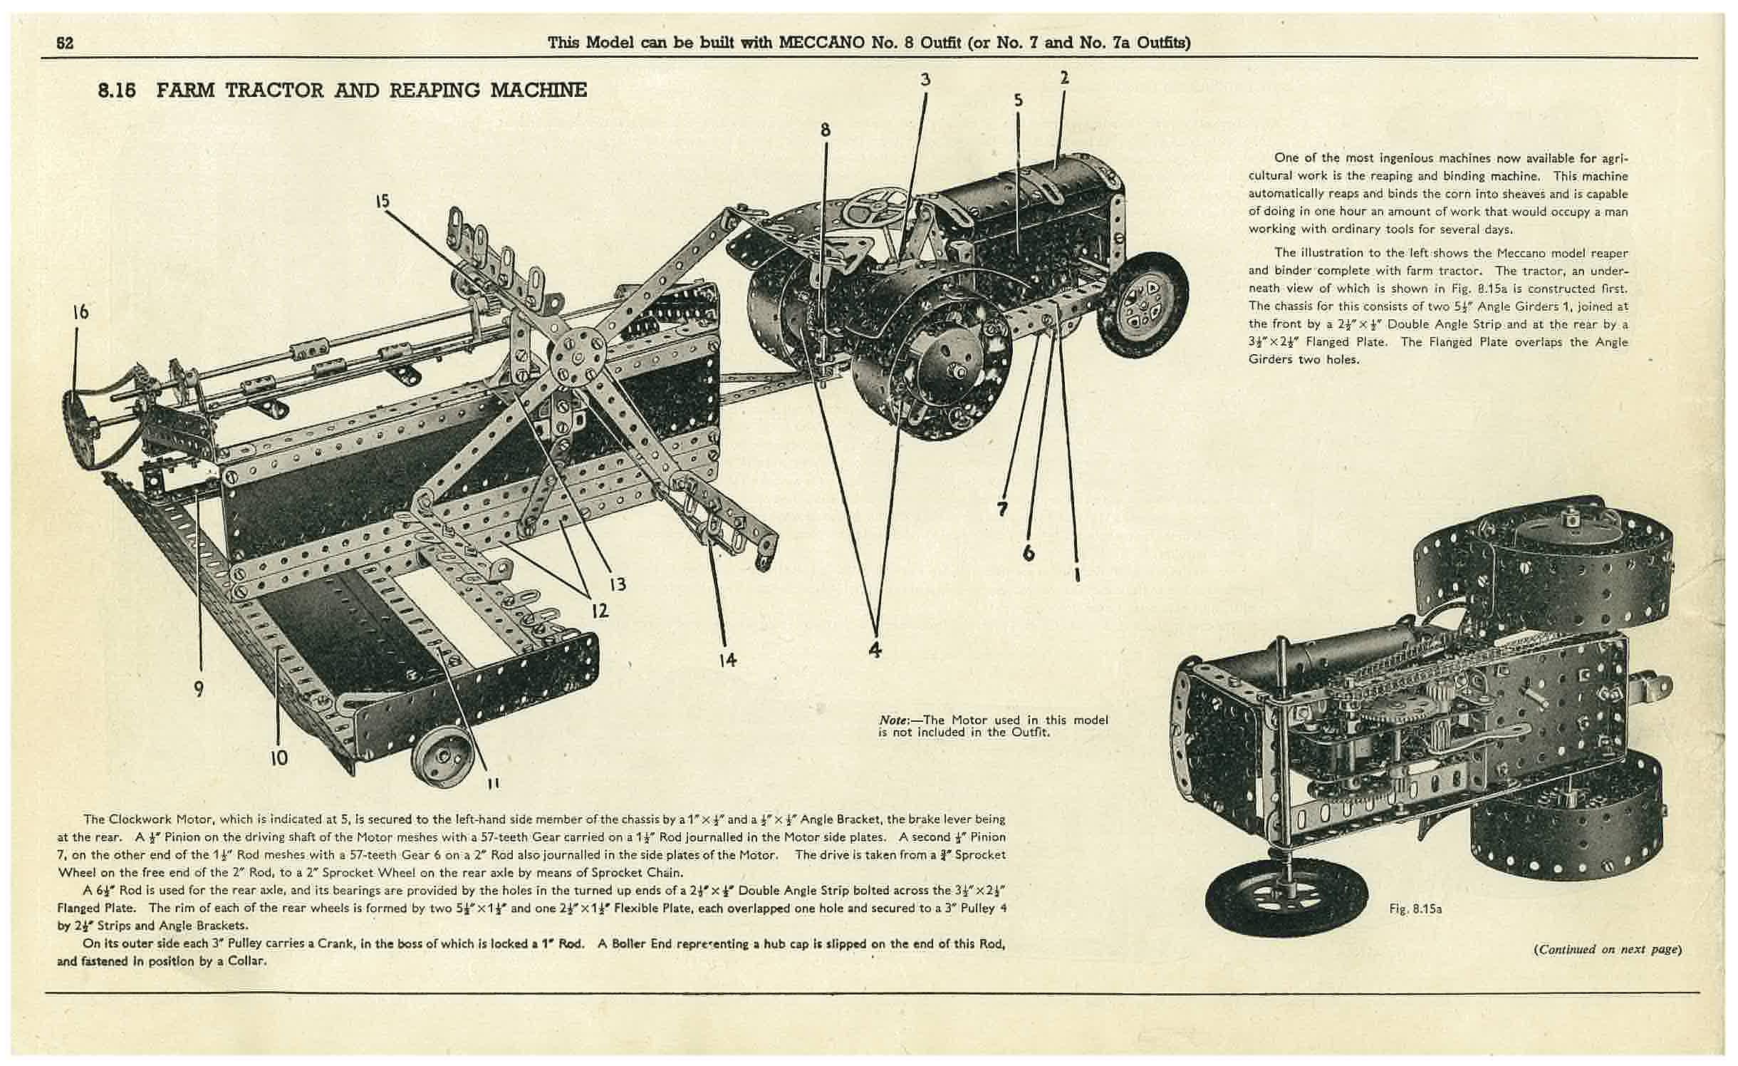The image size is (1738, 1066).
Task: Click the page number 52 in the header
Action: coord(66,43)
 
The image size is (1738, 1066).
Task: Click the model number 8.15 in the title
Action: coord(117,90)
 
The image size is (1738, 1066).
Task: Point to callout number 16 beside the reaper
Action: coord(80,311)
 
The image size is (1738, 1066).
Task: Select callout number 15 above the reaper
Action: coord(383,201)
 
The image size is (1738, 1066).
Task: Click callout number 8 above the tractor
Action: coord(825,130)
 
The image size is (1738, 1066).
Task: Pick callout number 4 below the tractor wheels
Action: coord(875,649)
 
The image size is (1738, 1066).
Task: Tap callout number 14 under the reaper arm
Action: coord(727,660)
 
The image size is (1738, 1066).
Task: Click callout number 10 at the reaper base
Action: coord(279,757)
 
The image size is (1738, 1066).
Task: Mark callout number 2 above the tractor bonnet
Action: coord(1064,77)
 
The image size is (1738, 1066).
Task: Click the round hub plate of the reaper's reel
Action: coord(578,356)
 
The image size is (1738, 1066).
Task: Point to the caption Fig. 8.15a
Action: coord(1415,909)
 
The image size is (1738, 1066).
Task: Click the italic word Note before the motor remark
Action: coord(895,720)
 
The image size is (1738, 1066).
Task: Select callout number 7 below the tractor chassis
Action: coord(1003,509)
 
